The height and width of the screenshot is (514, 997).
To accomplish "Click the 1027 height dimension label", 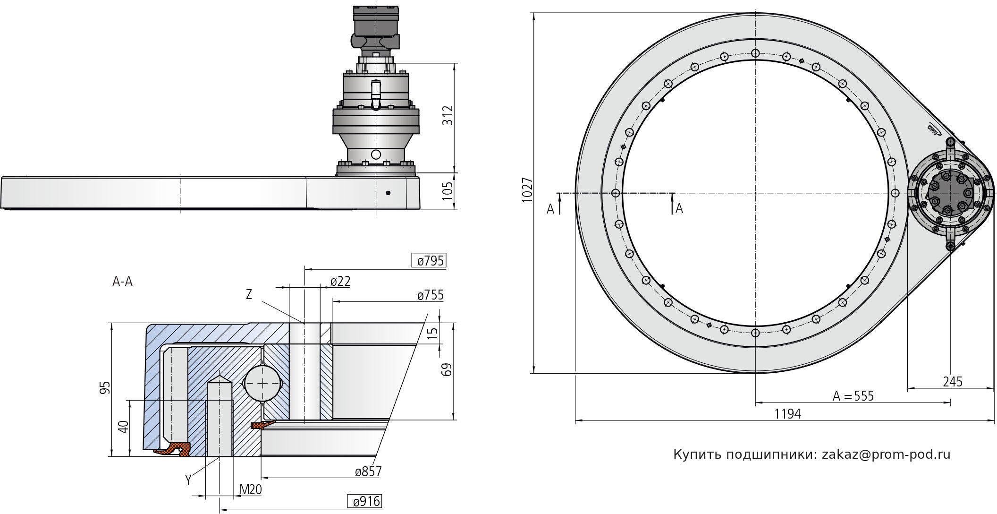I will (527, 190).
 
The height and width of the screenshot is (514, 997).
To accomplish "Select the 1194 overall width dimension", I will (788, 414).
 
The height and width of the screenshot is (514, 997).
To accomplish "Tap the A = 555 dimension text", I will (853, 396).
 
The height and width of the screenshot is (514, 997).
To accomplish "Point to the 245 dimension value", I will (953, 381).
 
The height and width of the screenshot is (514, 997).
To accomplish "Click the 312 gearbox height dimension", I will (448, 115).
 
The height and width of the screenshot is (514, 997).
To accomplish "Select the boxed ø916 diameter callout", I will (364, 501).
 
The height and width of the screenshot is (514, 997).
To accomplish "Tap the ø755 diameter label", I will (431, 295).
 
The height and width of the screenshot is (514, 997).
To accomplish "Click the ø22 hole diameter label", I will (340, 282).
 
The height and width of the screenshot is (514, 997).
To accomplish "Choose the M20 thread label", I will (251, 489).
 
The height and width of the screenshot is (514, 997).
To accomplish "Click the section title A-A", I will (122, 282).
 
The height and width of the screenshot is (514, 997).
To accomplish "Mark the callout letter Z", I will (249, 295).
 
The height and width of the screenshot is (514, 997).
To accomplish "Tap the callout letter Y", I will (188, 480).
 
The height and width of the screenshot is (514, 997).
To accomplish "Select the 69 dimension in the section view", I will (448, 369).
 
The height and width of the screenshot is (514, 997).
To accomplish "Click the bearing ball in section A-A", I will (262, 383).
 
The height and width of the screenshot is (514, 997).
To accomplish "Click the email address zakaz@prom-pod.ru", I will (886, 454).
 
